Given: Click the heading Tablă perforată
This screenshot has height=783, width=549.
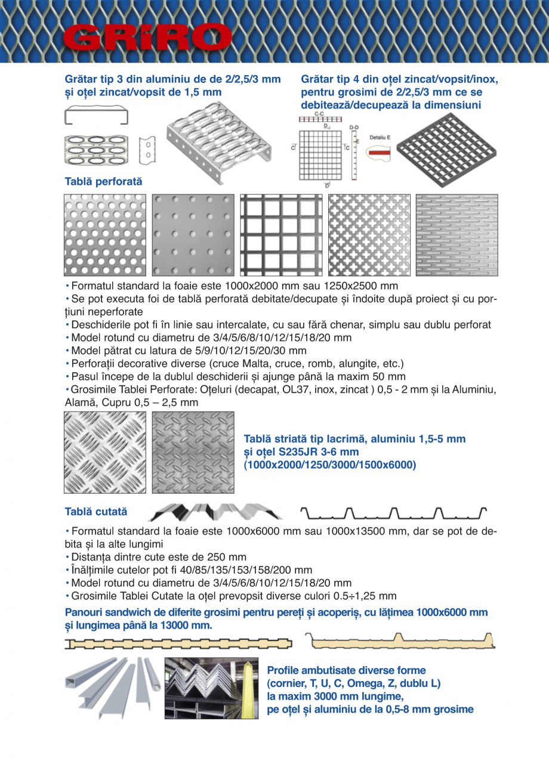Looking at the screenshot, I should point(103,181).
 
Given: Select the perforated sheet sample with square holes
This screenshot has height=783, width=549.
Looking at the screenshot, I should point(281,235).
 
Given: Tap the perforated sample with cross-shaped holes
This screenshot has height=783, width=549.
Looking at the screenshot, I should point(369,235).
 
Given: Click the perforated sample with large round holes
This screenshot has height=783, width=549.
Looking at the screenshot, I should point(105,235).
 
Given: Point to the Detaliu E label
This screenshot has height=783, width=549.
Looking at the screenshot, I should point(380,137).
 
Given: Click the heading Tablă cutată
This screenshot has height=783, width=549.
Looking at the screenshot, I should point(96,512).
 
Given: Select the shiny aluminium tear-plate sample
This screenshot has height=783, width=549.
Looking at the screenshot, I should point(105,453).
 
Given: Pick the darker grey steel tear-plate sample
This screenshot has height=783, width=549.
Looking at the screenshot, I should point(192,453).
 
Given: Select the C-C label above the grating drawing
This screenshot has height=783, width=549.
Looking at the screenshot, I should point(319,113).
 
